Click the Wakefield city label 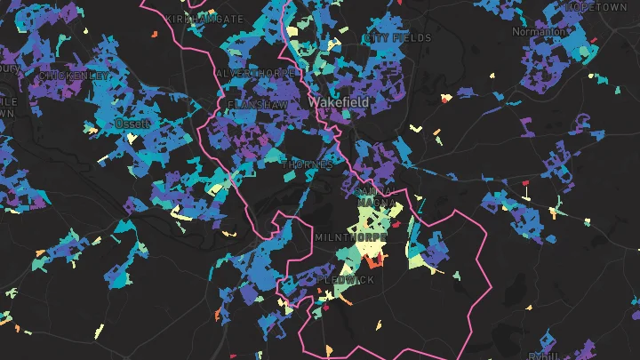coord(338,103)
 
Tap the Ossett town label coord(132,125)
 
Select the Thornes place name coord(308,165)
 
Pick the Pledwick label coord(346,280)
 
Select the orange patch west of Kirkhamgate coord(153,35)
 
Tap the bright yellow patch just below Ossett coord(132,140)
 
